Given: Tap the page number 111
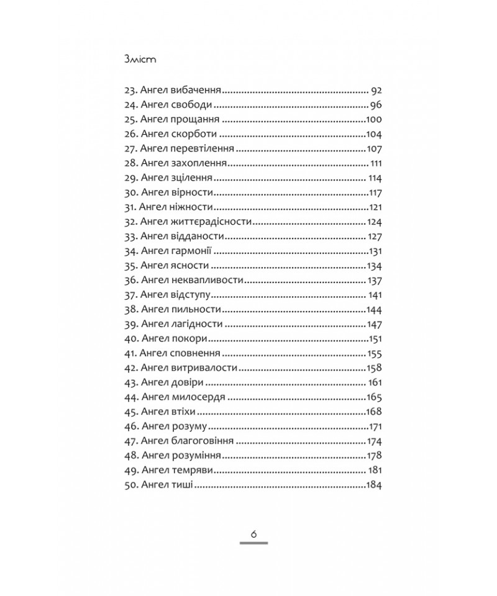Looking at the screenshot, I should [375, 164].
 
